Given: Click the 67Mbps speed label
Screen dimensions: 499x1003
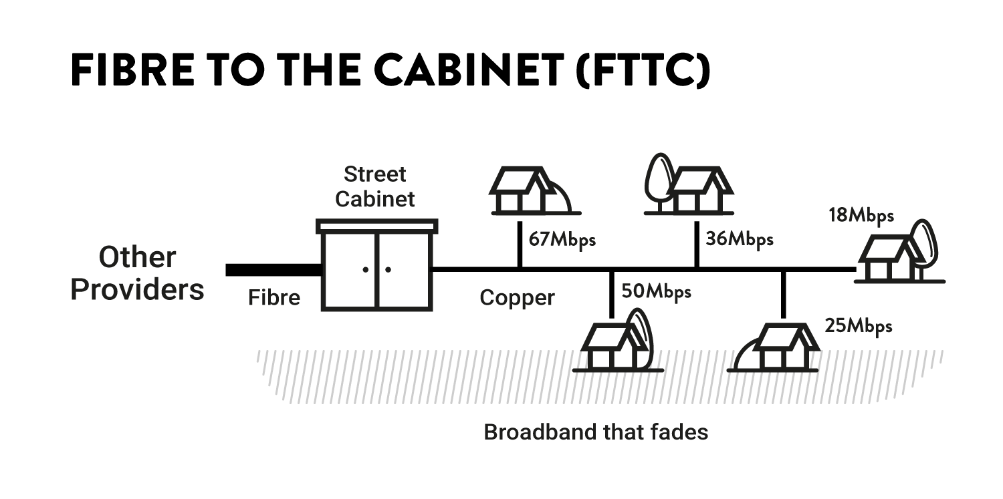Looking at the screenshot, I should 562,239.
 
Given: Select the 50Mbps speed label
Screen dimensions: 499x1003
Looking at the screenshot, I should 656,292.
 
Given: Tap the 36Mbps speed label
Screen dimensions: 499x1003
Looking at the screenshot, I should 739,239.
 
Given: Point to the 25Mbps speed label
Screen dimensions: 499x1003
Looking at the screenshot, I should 859,326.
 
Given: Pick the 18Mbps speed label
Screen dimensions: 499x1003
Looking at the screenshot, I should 861,215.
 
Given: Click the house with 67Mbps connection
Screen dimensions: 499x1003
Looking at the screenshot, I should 524,191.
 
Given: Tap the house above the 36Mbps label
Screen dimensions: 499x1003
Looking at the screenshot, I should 701,191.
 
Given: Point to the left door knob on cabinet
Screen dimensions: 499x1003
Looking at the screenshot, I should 366,270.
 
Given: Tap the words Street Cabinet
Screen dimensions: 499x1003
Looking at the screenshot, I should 374,186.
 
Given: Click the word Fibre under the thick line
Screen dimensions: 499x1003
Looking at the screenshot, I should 274,297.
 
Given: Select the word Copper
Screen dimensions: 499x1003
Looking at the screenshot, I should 517,297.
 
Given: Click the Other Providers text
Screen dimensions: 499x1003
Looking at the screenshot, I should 137,273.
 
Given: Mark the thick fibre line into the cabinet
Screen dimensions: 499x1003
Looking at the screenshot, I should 273,270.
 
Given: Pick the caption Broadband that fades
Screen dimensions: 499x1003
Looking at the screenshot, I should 595,432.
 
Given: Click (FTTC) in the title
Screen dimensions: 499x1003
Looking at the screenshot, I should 642,69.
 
